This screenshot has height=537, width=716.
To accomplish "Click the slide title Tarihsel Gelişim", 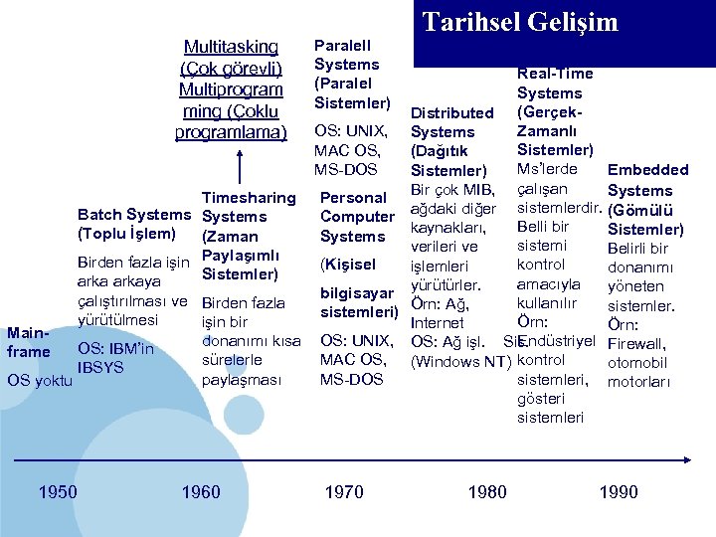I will click(x=520, y=23).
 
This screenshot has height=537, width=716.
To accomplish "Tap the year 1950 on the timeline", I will click(x=58, y=491).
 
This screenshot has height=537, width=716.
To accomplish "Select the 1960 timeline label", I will click(x=201, y=491).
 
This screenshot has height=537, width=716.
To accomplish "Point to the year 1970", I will click(x=344, y=491).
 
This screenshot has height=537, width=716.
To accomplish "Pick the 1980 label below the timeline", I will click(x=487, y=491).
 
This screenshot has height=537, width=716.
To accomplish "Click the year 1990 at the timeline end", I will click(x=619, y=491).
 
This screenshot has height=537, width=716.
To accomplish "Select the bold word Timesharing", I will click(x=249, y=197).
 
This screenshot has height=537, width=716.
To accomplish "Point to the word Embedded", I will click(x=647, y=170).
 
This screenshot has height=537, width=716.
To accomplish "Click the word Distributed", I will click(x=451, y=112).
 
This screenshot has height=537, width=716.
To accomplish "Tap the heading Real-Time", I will click(x=555, y=73).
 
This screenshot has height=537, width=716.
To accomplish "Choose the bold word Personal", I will click(x=353, y=197).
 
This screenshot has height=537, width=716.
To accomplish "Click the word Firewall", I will click(x=636, y=343).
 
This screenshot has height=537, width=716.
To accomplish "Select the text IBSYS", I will click(x=100, y=367).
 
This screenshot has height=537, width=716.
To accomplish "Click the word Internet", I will click(x=437, y=322).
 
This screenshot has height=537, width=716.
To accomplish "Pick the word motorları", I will click(x=639, y=381).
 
